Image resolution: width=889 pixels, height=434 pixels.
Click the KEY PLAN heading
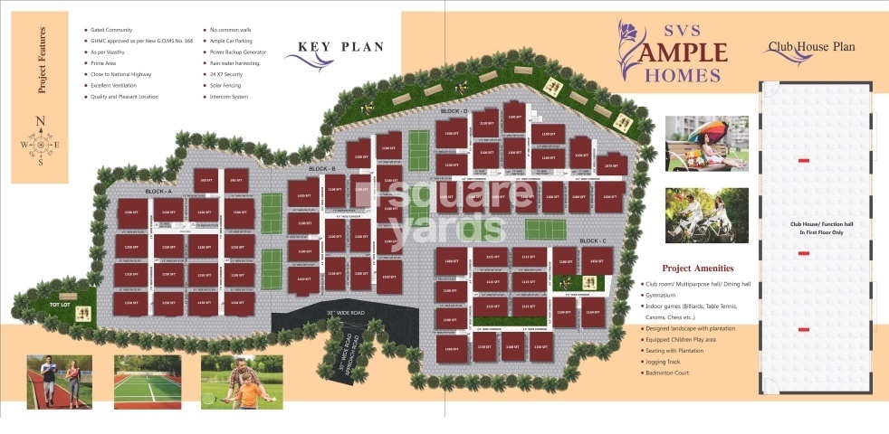click(x=340, y=48)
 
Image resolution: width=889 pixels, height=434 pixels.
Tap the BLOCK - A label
click(x=158, y=193)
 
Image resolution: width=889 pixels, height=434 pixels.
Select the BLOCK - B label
click(x=321, y=169)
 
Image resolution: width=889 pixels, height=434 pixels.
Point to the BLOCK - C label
click(x=593, y=241)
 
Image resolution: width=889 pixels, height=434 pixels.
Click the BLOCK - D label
click(x=454, y=111)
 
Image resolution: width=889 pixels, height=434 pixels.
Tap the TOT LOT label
click(x=61, y=306)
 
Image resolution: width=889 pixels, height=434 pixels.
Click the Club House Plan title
click(x=811, y=47)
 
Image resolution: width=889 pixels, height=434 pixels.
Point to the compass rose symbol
click(x=40, y=144)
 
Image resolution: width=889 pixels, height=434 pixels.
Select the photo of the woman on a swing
click(x=707, y=143)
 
